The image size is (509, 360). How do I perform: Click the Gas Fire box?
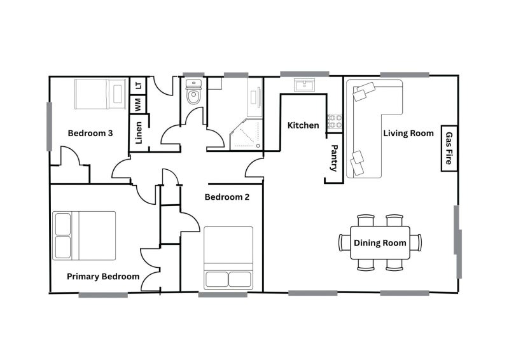point(449,148)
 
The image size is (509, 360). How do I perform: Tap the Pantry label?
point(333,158)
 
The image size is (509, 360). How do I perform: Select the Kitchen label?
point(303,125)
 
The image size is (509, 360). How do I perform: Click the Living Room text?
point(408,134)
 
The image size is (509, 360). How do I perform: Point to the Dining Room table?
point(380,242)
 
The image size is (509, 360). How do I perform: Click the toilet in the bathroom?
point(193,92)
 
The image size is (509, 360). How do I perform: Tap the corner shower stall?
point(246,134)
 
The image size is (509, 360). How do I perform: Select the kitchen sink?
point(305,85)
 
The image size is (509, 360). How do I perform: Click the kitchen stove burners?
point(335,121)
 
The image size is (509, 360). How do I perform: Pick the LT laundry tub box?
point(138,85)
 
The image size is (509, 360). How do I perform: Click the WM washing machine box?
point(138,104)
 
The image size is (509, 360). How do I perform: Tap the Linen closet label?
point(139,133)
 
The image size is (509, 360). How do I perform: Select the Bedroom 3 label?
point(90,133)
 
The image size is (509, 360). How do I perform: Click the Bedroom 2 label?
point(227,197)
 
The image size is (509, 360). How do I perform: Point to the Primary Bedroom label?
point(103,277)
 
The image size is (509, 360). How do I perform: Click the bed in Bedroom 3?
point(101,93)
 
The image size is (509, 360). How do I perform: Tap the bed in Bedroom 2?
point(228,258)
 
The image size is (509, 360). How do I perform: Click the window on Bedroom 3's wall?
point(50,127)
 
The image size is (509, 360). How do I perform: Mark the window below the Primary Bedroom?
point(103,294)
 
